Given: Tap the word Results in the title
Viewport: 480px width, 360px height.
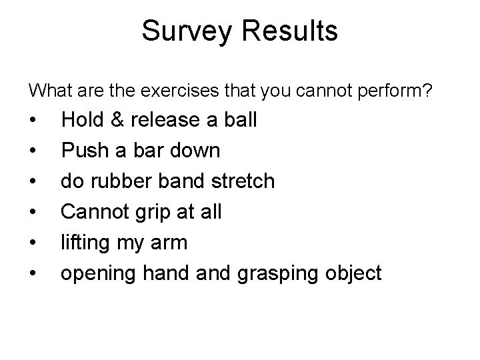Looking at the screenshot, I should click(x=291, y=31).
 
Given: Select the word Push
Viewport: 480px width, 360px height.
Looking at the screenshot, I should click(x=83, y=151).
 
